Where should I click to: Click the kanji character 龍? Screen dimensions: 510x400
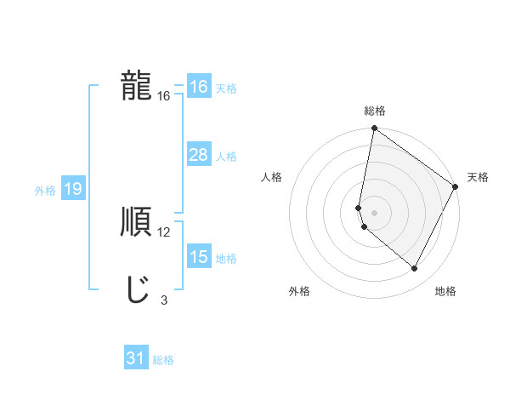coord(136,85)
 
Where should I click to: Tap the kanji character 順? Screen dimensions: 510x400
coord(136,221)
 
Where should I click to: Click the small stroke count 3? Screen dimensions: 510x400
coord(163,300)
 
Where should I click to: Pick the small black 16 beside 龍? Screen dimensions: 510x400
coord(164,96)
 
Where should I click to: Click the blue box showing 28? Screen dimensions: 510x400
coord(199,155)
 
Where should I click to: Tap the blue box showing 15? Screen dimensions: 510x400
coord(199,257)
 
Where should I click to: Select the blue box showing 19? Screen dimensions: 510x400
coord(72,190)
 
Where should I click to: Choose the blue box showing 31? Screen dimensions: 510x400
coord(136,358)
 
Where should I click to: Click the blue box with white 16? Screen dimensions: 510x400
coord(199,87)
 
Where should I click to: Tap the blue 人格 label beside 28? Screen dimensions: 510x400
coord(226,157)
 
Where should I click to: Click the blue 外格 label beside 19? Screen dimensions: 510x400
coord(45,191)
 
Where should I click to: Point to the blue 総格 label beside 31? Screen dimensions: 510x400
coord(163,360)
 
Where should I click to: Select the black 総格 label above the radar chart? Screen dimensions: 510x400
coord(375,111)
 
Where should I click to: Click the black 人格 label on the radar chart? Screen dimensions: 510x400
coord(272,177)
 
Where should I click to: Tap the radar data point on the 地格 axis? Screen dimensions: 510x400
coord(415,269)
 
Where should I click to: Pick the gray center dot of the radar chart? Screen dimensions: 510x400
coord(375,212)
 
